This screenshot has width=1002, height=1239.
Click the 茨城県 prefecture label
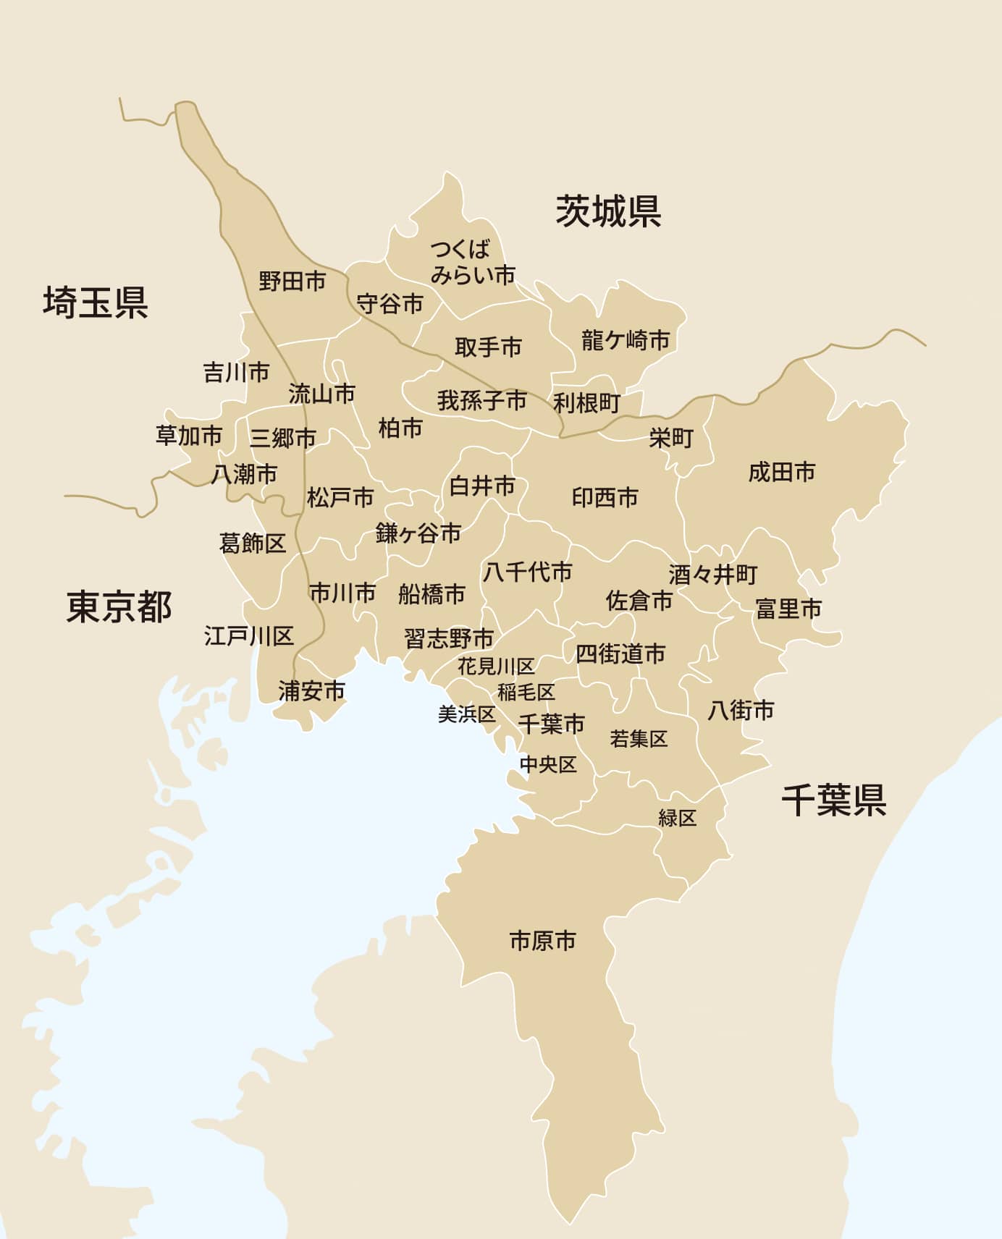(608, 211)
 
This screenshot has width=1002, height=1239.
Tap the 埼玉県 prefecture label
(96, 302)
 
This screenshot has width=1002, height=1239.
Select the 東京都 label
(119, 606)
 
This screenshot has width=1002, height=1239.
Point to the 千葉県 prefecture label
(834, 800)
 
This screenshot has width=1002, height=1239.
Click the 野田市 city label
(292, 281)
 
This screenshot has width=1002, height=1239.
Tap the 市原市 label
(543, 941)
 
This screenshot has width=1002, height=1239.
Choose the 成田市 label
(782, 472)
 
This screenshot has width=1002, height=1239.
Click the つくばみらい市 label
(472, 262)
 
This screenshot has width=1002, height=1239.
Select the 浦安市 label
(312, 691)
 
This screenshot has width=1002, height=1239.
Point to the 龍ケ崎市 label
(626, 339)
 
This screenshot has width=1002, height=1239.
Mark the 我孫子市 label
(481, 400)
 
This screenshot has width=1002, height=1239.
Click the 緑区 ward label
(678, 819)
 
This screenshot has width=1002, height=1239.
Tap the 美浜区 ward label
(467, 714)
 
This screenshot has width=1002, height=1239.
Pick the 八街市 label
(741, 710)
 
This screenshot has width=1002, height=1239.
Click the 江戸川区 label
(249, 636)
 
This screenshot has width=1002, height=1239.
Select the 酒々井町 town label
(713, 575)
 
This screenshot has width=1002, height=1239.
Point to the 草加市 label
(189, 436)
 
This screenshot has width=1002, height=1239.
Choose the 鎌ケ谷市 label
(418, 533)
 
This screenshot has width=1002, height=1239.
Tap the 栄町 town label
(671, 438)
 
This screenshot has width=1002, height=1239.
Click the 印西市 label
(605, 497)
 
